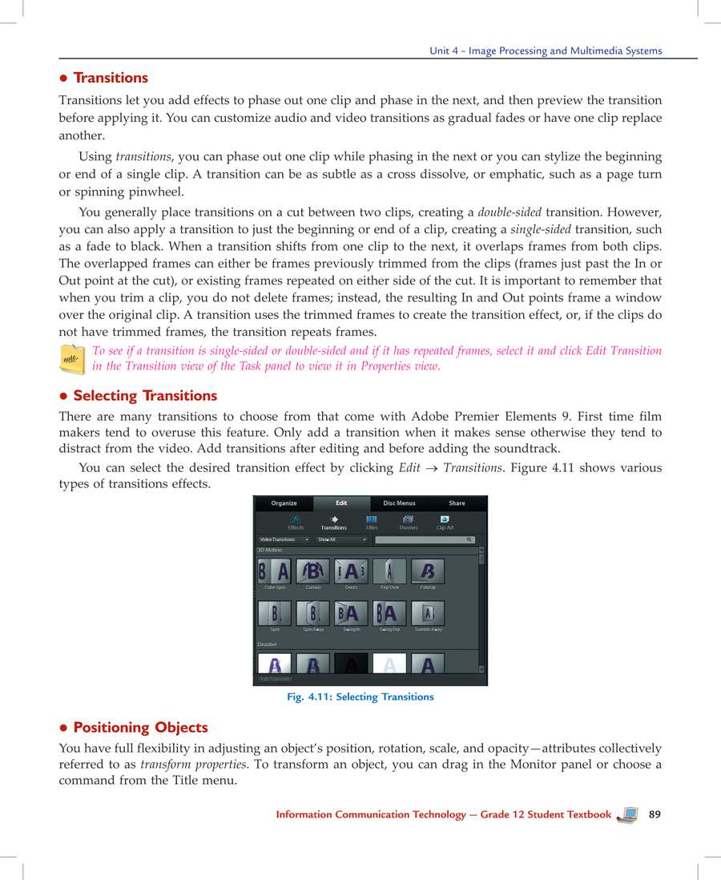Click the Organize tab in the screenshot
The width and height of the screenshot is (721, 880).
(284, 503)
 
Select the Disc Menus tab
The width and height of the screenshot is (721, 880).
(399, 503)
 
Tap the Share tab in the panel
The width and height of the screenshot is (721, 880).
(457, 503)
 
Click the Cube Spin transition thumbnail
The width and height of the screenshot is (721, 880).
(274, 571)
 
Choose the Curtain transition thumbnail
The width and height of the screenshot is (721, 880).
(312, 571)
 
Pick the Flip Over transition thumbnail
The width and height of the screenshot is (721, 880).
(389, 571)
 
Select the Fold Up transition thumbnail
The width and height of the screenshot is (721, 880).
(428, 571)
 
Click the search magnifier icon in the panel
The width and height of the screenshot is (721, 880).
(470, 540)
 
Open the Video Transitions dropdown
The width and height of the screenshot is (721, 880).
(284, 540)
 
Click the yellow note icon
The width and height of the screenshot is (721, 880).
(73, 359)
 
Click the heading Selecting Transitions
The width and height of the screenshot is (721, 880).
(145, 396)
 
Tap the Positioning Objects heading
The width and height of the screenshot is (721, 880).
(140, 728)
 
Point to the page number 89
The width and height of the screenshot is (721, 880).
(655, 814)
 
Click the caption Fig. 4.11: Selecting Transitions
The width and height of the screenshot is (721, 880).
(360, 697)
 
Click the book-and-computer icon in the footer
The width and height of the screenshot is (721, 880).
(629, 815)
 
